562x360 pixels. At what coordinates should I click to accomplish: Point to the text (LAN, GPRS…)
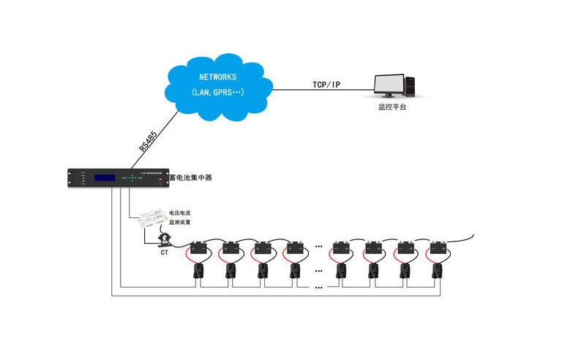217,93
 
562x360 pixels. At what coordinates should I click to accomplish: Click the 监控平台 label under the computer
391,107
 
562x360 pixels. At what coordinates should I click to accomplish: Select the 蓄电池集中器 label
190,177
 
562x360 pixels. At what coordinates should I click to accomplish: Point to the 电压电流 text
180,212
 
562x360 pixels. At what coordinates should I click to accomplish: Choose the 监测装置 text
180,222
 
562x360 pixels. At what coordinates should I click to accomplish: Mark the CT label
165,252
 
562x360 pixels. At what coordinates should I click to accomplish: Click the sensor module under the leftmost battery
198,270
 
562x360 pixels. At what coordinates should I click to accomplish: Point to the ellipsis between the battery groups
319,247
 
